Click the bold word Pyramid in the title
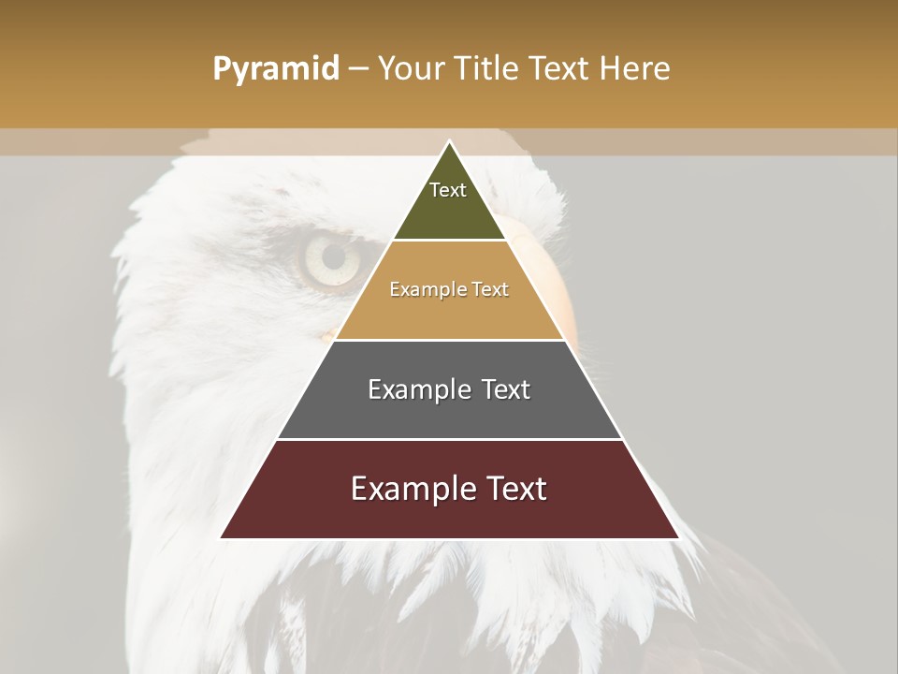pos(275,69)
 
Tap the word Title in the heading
pos(486,69)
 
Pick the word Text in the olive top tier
pos(448,190)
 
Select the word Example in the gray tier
pos(417,389)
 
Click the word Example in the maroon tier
pos(408,489)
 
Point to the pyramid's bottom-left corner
pos(222,537)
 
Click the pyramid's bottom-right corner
pos(678,537)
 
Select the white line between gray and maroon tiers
pos(450,439)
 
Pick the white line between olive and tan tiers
pos(450,241)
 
